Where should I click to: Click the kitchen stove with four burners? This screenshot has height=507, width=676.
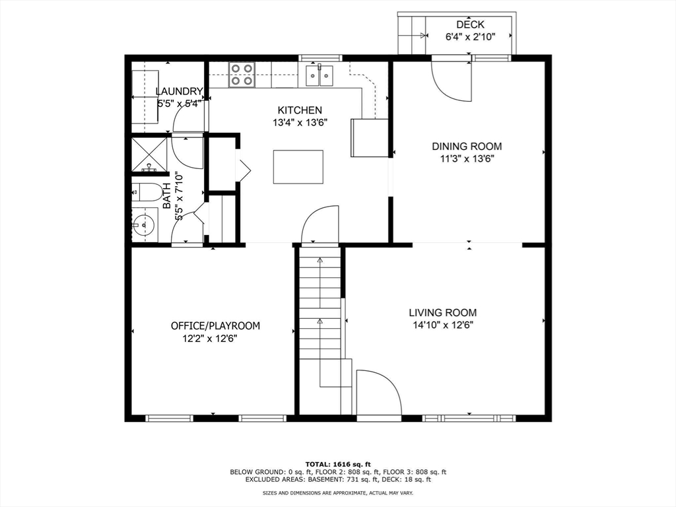click(242, 75)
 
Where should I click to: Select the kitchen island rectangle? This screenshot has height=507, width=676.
click(298, 167)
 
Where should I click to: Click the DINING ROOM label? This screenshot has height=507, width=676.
click(467, 146)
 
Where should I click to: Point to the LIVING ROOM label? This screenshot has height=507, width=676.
click(443, 312)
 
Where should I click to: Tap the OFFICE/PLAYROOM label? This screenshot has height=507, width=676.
click(216, 325)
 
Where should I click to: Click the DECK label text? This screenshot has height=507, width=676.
click(470, 24)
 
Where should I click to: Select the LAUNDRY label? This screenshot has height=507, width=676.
click(179, 91)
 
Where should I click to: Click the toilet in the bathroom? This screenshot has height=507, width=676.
click(146, 192)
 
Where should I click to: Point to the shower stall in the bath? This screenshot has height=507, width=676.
click(149, 154)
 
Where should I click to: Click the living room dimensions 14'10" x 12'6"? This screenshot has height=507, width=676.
click(443, 325)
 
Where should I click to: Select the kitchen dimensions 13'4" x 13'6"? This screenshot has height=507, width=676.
click(300, 122)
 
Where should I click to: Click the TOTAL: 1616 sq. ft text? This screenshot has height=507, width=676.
click(338, 464)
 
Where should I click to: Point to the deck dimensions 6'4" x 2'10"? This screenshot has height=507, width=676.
click(470, 37)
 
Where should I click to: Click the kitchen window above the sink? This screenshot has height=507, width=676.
click(320, 58)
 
